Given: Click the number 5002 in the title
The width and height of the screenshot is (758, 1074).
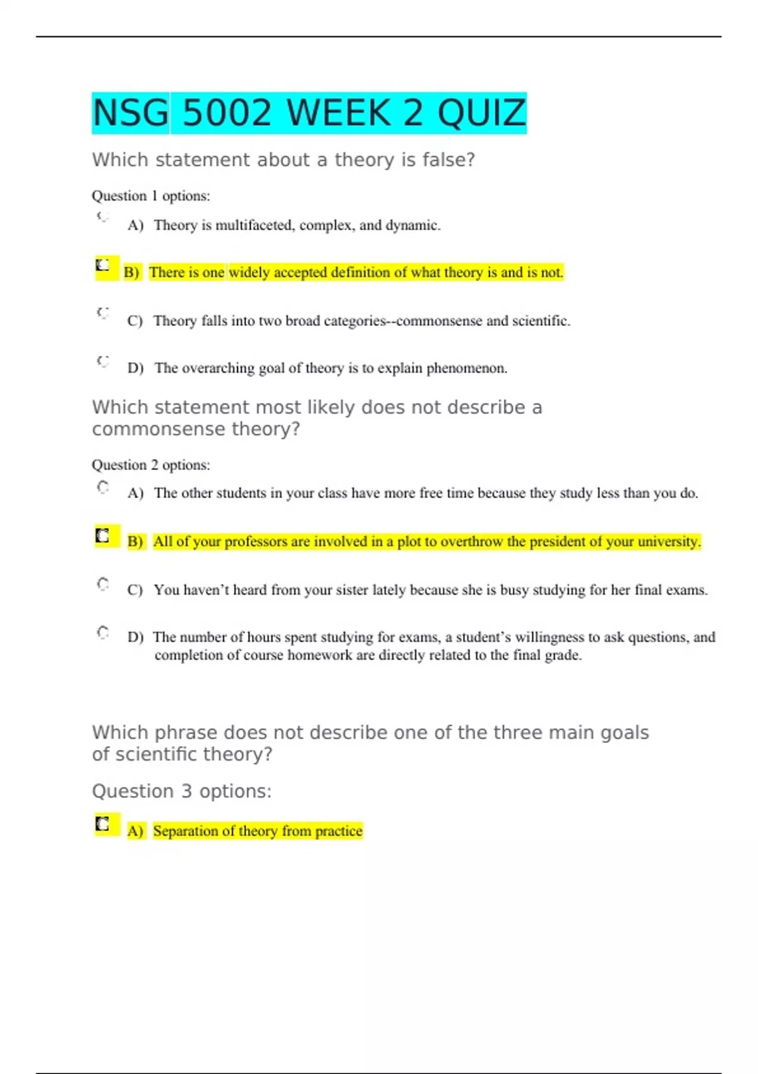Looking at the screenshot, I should tap(227, 113).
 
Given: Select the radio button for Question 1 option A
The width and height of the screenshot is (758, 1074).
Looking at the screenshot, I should tap(103, 217).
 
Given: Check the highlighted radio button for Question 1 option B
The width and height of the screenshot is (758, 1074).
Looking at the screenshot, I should tap(103, 265).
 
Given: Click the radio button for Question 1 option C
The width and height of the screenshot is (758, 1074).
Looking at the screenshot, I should tap(103, 313).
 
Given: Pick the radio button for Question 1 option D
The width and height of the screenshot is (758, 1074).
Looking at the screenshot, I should tap(103, 361).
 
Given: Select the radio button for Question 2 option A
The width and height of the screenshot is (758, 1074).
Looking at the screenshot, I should tap(103, 487).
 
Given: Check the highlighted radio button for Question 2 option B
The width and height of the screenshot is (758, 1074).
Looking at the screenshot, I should tap(102, 536).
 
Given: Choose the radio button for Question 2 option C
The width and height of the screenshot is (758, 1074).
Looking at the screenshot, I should tap(103, 584).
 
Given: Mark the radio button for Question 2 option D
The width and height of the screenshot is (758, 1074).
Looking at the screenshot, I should tap(103, 632).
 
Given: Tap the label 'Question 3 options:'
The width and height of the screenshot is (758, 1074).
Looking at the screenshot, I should tap(182, 792).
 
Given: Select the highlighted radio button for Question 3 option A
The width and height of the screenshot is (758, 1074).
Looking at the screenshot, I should tap(102, 824).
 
